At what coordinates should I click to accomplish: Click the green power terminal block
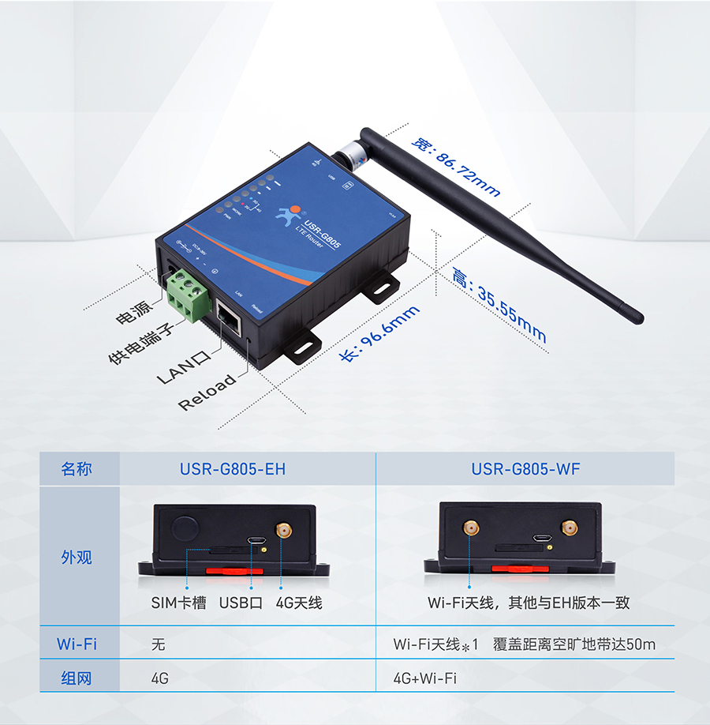(x=189, y=291)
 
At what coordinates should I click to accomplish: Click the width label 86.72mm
(x=457, y=167)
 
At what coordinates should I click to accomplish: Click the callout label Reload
(x=207, y=393)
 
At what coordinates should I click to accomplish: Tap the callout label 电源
(x=133, y=315)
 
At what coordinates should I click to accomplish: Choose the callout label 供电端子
(x=141, y=347)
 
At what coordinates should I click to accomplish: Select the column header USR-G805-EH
(x=233, y=469)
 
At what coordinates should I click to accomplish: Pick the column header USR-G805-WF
(x=525, y=469)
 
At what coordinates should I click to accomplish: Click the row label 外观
(x=77, y=557)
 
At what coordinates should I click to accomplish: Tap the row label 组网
(x=77, y=678)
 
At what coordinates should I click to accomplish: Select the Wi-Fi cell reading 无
(x=158, y=644)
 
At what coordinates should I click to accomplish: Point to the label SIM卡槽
(x=178, y=603)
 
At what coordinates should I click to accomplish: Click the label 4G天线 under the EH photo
(x=299, y=603)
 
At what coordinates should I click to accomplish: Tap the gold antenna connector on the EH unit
(x=282, y=531)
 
